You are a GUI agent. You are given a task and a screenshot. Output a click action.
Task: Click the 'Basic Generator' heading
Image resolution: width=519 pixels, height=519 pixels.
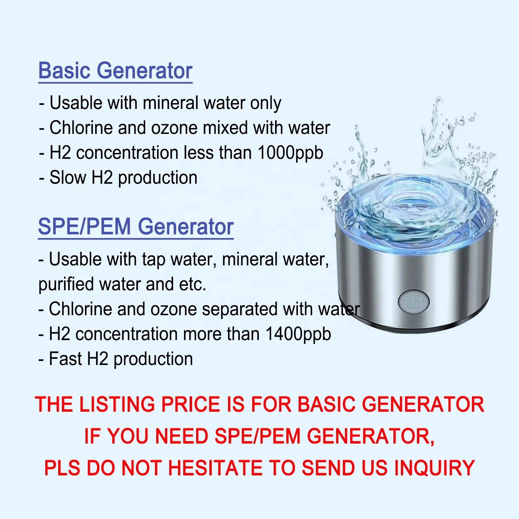pos(115,71)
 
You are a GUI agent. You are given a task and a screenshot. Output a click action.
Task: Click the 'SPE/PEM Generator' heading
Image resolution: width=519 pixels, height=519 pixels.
pos(136,227)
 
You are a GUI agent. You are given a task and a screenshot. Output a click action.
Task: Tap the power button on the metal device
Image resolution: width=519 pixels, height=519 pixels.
pos(413,302)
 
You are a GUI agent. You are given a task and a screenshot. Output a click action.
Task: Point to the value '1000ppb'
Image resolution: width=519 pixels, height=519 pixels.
pos(290,153)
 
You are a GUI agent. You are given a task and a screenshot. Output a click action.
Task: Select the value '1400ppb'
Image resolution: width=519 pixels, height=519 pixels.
pos(298,334)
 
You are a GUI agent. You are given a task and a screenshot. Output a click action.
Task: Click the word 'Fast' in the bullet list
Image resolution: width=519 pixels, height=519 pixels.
pos(66,359)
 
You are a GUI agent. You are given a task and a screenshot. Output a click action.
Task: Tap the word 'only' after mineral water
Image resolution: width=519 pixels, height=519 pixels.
pos(265,103)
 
